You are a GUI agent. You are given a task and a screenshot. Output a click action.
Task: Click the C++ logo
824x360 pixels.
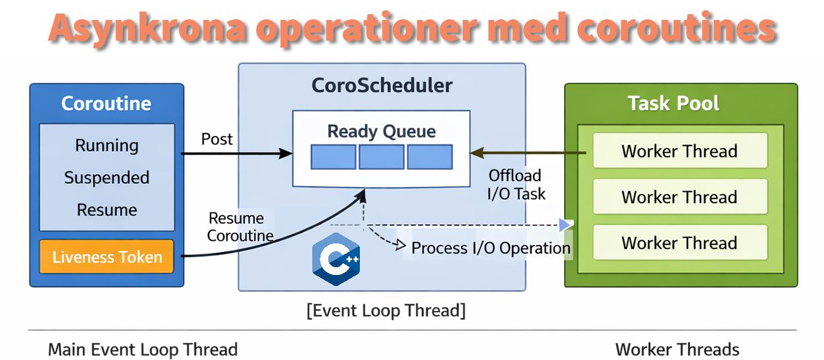click(336, 259)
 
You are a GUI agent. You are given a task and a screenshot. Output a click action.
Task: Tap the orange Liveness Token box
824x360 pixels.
click(107, 256)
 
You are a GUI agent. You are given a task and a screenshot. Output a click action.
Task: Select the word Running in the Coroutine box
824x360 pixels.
click(107, 145)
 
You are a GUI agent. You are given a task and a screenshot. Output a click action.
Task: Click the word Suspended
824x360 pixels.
click(107, 177)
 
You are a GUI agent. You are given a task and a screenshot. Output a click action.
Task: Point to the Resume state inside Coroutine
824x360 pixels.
click(107, 210)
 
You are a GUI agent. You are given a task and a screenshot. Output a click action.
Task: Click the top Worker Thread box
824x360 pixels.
click(680, 151)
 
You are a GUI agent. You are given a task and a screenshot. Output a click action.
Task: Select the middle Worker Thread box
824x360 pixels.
click(680, 196)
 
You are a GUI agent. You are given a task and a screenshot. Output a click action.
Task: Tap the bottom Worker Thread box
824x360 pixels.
click(680, 243)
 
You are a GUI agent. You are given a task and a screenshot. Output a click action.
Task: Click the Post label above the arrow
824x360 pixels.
click(217, 139)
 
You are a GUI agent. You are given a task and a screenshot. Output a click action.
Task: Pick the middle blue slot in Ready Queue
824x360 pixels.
click(382, 156)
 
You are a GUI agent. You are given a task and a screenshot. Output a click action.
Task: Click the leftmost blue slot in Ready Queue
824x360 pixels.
click(333, 156)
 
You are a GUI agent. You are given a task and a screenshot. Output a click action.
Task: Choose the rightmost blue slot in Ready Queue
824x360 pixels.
click(429, 156)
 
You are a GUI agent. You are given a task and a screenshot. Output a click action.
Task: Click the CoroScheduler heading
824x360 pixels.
click(382, 86)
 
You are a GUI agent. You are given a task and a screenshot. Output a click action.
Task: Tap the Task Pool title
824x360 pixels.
click(673, 103)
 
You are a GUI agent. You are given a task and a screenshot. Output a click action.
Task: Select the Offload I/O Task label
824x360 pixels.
click(516, 185)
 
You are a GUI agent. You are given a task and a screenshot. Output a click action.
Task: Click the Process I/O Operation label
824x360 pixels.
click(491, 248)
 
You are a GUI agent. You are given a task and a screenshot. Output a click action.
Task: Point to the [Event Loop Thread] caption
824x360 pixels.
click(386, 310)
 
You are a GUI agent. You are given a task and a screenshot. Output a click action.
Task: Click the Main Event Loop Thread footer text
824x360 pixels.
click(143, 349)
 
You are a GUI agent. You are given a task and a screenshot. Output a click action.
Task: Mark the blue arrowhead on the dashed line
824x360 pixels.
click(565, 225)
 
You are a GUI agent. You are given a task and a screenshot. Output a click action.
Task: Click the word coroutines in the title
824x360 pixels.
click(677, 28)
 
